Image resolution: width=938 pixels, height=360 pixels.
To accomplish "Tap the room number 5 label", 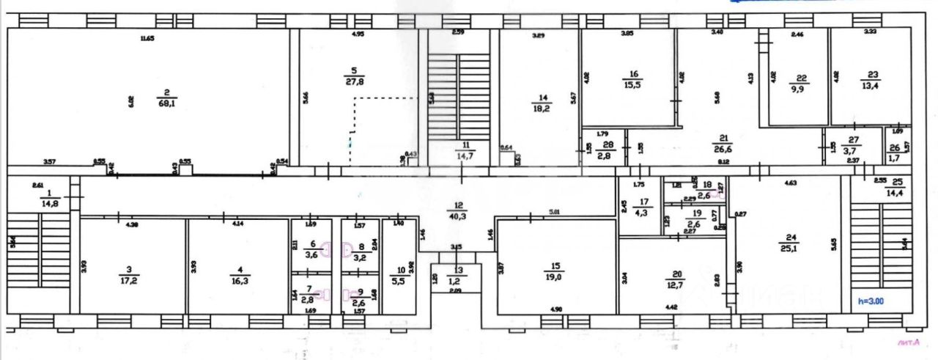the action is [354, 70].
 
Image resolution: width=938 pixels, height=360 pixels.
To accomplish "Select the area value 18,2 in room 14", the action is [542, 108].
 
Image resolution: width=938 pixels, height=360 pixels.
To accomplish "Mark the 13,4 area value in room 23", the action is [871, 85].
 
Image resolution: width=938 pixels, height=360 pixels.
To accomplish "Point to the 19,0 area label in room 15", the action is [553, 276].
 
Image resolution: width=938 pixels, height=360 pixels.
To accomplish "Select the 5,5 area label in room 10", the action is [400, 281].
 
